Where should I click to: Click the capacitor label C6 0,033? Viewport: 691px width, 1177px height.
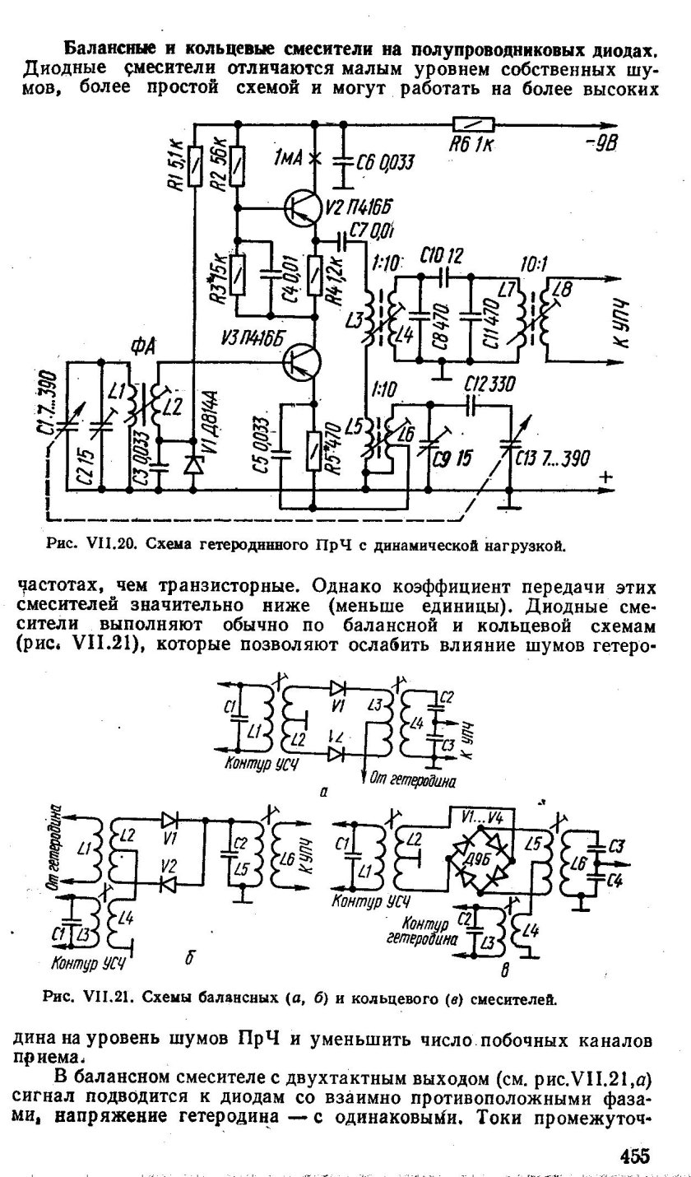point(383,164)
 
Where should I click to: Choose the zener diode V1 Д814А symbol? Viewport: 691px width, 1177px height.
point(195,464)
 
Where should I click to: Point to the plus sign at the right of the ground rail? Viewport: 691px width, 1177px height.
point(607,477)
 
